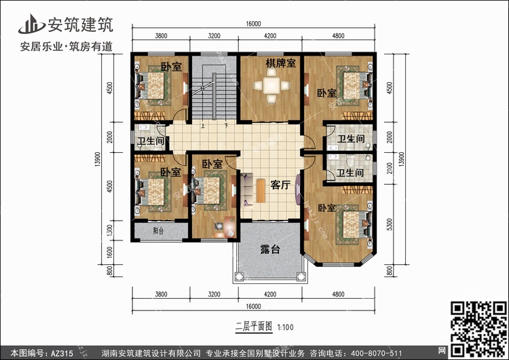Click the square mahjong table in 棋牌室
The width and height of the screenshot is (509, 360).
click(x=271, y=86)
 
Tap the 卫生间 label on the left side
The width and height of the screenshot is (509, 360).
click(x=151, y=141)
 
